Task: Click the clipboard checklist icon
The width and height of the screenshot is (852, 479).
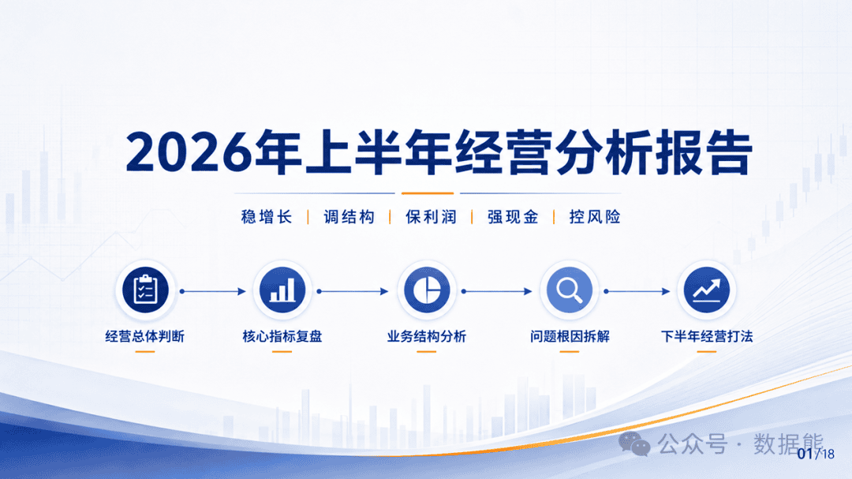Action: point(145,290)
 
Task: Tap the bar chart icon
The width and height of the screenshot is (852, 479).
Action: point(282,290)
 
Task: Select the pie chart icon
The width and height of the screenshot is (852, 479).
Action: point(427,290)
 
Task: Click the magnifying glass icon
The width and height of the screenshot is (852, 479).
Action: point(569,290)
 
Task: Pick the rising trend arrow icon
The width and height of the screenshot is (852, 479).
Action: point(706,290)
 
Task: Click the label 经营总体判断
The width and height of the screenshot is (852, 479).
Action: point(145,336)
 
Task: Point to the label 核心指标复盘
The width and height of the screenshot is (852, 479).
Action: point(282,336)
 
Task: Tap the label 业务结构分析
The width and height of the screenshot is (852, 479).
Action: point(427,336)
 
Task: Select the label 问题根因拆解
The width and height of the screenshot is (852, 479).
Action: point(570,336)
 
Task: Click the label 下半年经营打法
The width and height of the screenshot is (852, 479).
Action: point(706,336)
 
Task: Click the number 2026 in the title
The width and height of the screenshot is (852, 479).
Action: point(189,153)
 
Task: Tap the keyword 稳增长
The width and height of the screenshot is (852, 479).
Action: point(267,218)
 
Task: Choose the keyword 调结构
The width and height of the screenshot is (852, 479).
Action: point(349,218)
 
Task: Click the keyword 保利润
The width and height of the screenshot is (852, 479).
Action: point(431,218)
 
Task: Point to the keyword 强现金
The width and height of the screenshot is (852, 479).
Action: point(513,218)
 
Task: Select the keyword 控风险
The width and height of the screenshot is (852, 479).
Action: point(595,218)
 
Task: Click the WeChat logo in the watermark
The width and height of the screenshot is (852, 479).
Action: point(634,444)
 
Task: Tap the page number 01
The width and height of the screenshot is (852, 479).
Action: point(805,454)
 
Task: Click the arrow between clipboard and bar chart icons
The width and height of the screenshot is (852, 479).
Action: point(213,291)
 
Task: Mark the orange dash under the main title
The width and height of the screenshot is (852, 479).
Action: point(427,193)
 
